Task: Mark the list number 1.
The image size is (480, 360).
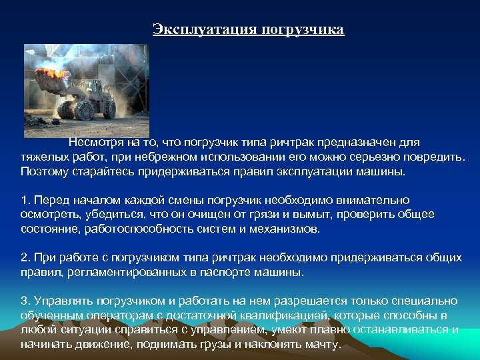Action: (x=25, y=200)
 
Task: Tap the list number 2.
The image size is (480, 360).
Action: (x=25, y=257)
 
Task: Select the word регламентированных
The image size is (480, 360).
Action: (x=123, y=272)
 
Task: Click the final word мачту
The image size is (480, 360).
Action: (x=322, y=344)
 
